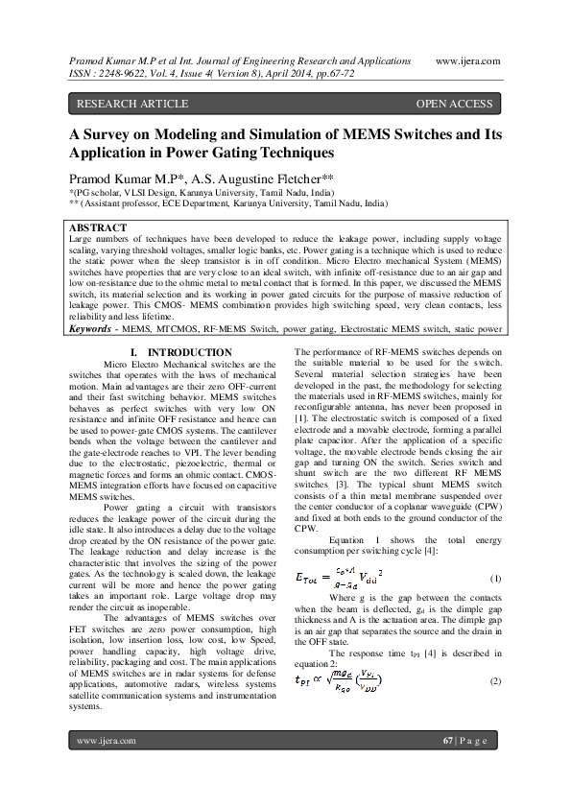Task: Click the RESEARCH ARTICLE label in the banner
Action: click(122, 104)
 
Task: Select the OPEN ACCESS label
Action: click(454, 104)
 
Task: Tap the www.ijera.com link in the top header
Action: click(466, 60)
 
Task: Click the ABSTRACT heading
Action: click(99, 228)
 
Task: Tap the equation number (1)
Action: click(495, 579)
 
